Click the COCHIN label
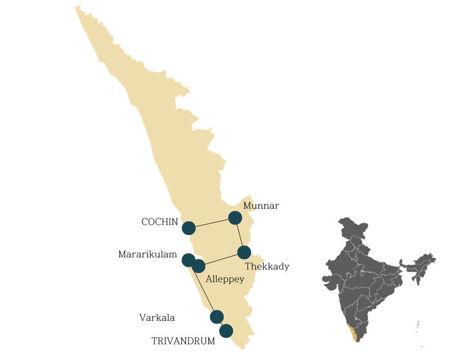(160, 222)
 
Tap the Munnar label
(261, 206)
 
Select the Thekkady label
(267, 266)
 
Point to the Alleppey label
(225, 279)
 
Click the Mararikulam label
(148, 254)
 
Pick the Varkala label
(157, 318)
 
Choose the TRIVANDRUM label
(183, 341)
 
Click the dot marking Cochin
(189, 228)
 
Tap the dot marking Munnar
(235, 218)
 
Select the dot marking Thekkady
(244, 252)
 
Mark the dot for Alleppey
(198, 266)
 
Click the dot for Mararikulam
(188, 260)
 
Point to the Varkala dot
(217, 317)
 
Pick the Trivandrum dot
(226, 331)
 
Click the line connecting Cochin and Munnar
(211, 223)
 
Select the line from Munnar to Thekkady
(239, 235)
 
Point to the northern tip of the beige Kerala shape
(77, 7)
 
